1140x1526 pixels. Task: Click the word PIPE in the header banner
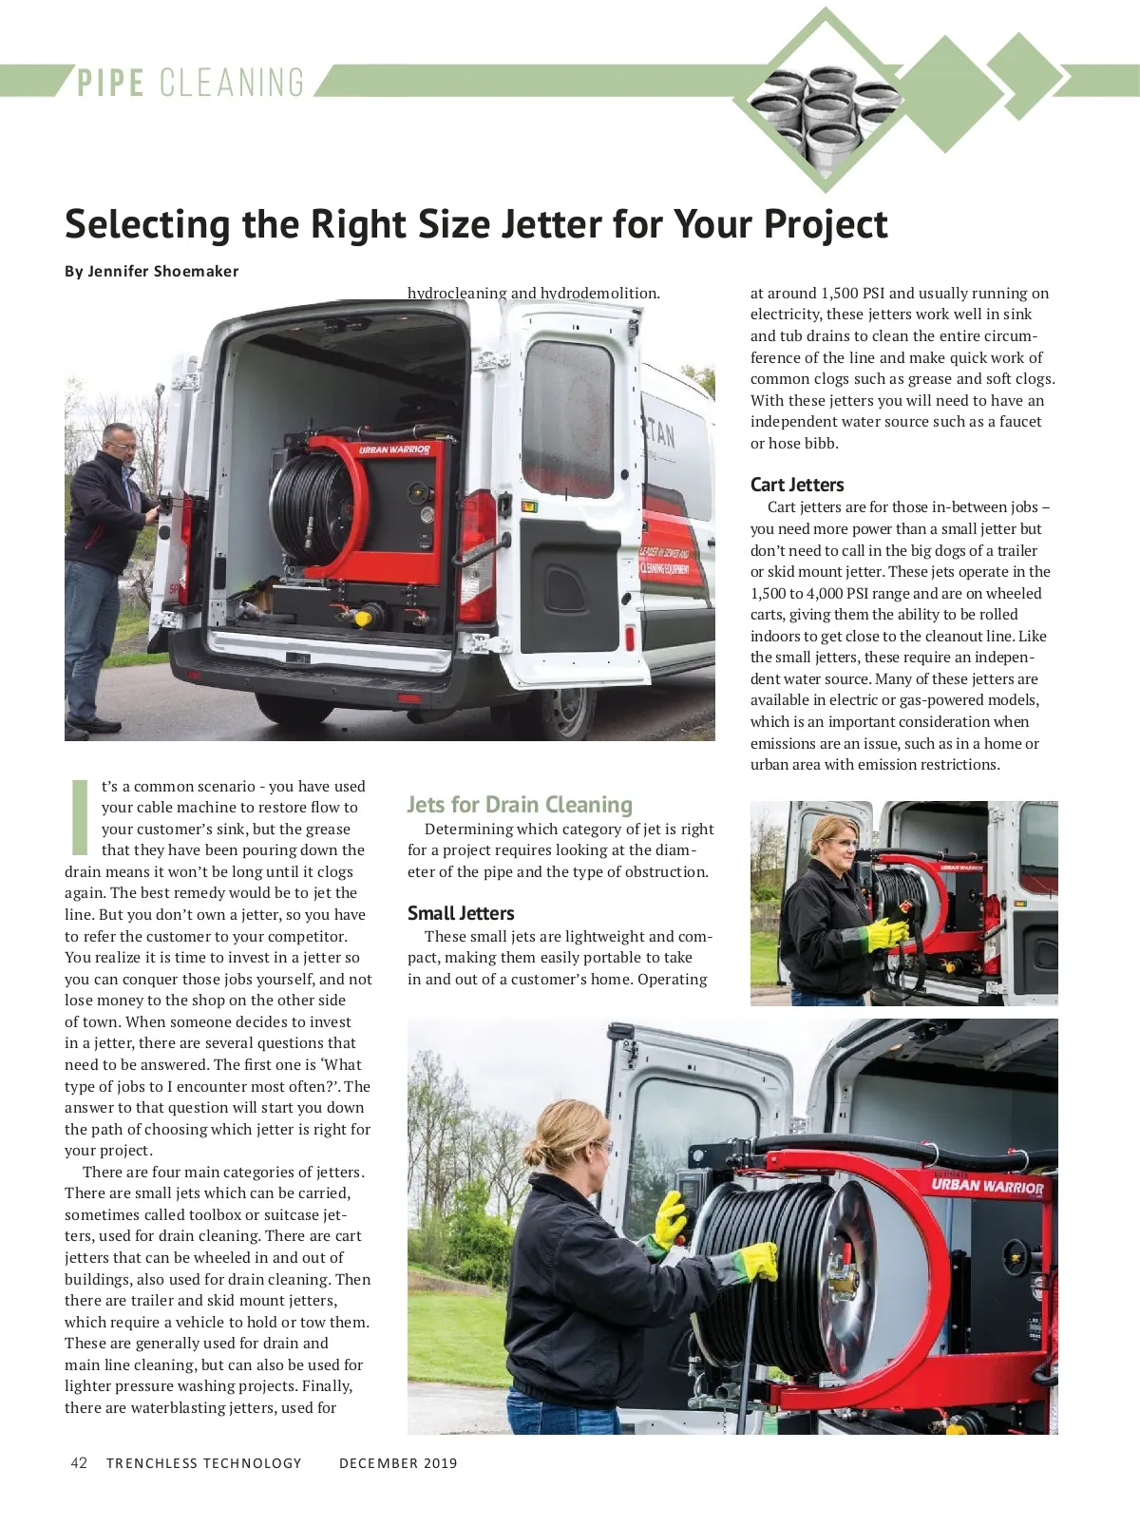tap(111, 83)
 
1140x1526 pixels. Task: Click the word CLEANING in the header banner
tap(232, 83)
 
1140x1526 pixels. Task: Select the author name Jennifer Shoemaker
tap(162, 272)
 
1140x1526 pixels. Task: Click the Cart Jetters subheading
tap(796, 485)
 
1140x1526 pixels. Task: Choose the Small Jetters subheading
tap(461, 913)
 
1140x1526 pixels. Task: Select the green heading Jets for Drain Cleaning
tap(519, 805)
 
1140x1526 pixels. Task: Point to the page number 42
tap(79, 1462)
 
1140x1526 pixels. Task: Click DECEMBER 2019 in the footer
tap(398, 1463)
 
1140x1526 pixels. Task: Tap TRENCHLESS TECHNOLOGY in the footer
tap(203, 1463)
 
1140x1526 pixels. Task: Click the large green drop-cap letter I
tap(81, 816)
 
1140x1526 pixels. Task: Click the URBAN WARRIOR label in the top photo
tap(394, 449)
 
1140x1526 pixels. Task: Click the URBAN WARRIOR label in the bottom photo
tap(987, 1186)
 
